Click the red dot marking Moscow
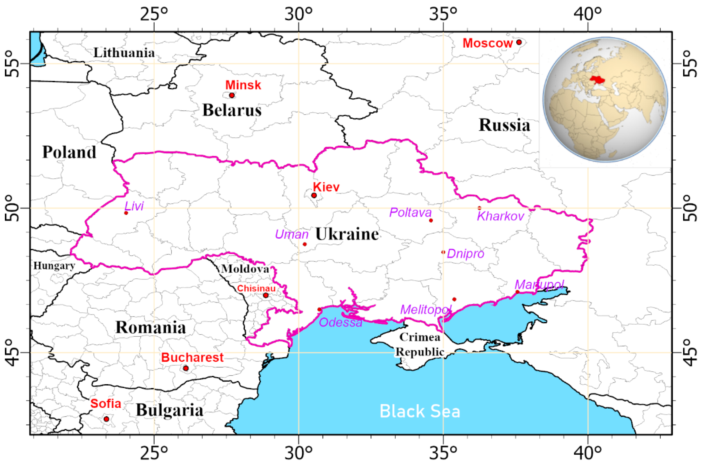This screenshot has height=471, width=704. tap(519, 42)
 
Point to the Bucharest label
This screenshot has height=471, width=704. tap(192, 358)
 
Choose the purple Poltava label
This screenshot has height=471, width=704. tap(410, 213)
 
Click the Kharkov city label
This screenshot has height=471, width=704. tap(501, 216)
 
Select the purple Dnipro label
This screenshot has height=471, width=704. tap(466, 254)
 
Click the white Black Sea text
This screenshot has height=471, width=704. tap(420, 412)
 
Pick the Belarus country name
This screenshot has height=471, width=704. tap(232, 110)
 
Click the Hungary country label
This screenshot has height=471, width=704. tap(54, 266)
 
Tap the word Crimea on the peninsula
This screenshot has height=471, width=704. tap(420, 337)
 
